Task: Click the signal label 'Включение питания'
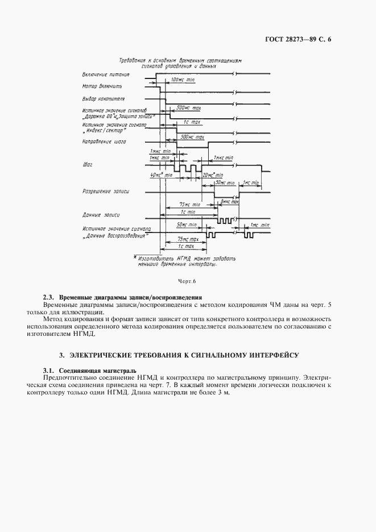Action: tap(106, 74)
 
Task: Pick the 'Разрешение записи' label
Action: tap(106, 192)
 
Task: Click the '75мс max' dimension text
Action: tap(188, 239)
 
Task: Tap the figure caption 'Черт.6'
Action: tap(187, 281)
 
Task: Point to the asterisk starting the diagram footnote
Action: tap(136, 257)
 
